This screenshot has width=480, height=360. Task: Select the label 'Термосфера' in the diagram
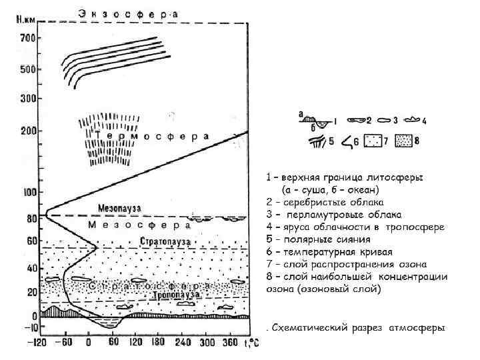pyautogui.click(x=153, y=136)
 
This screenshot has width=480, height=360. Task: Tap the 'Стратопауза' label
pyautogui.click(x=166, y=241)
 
